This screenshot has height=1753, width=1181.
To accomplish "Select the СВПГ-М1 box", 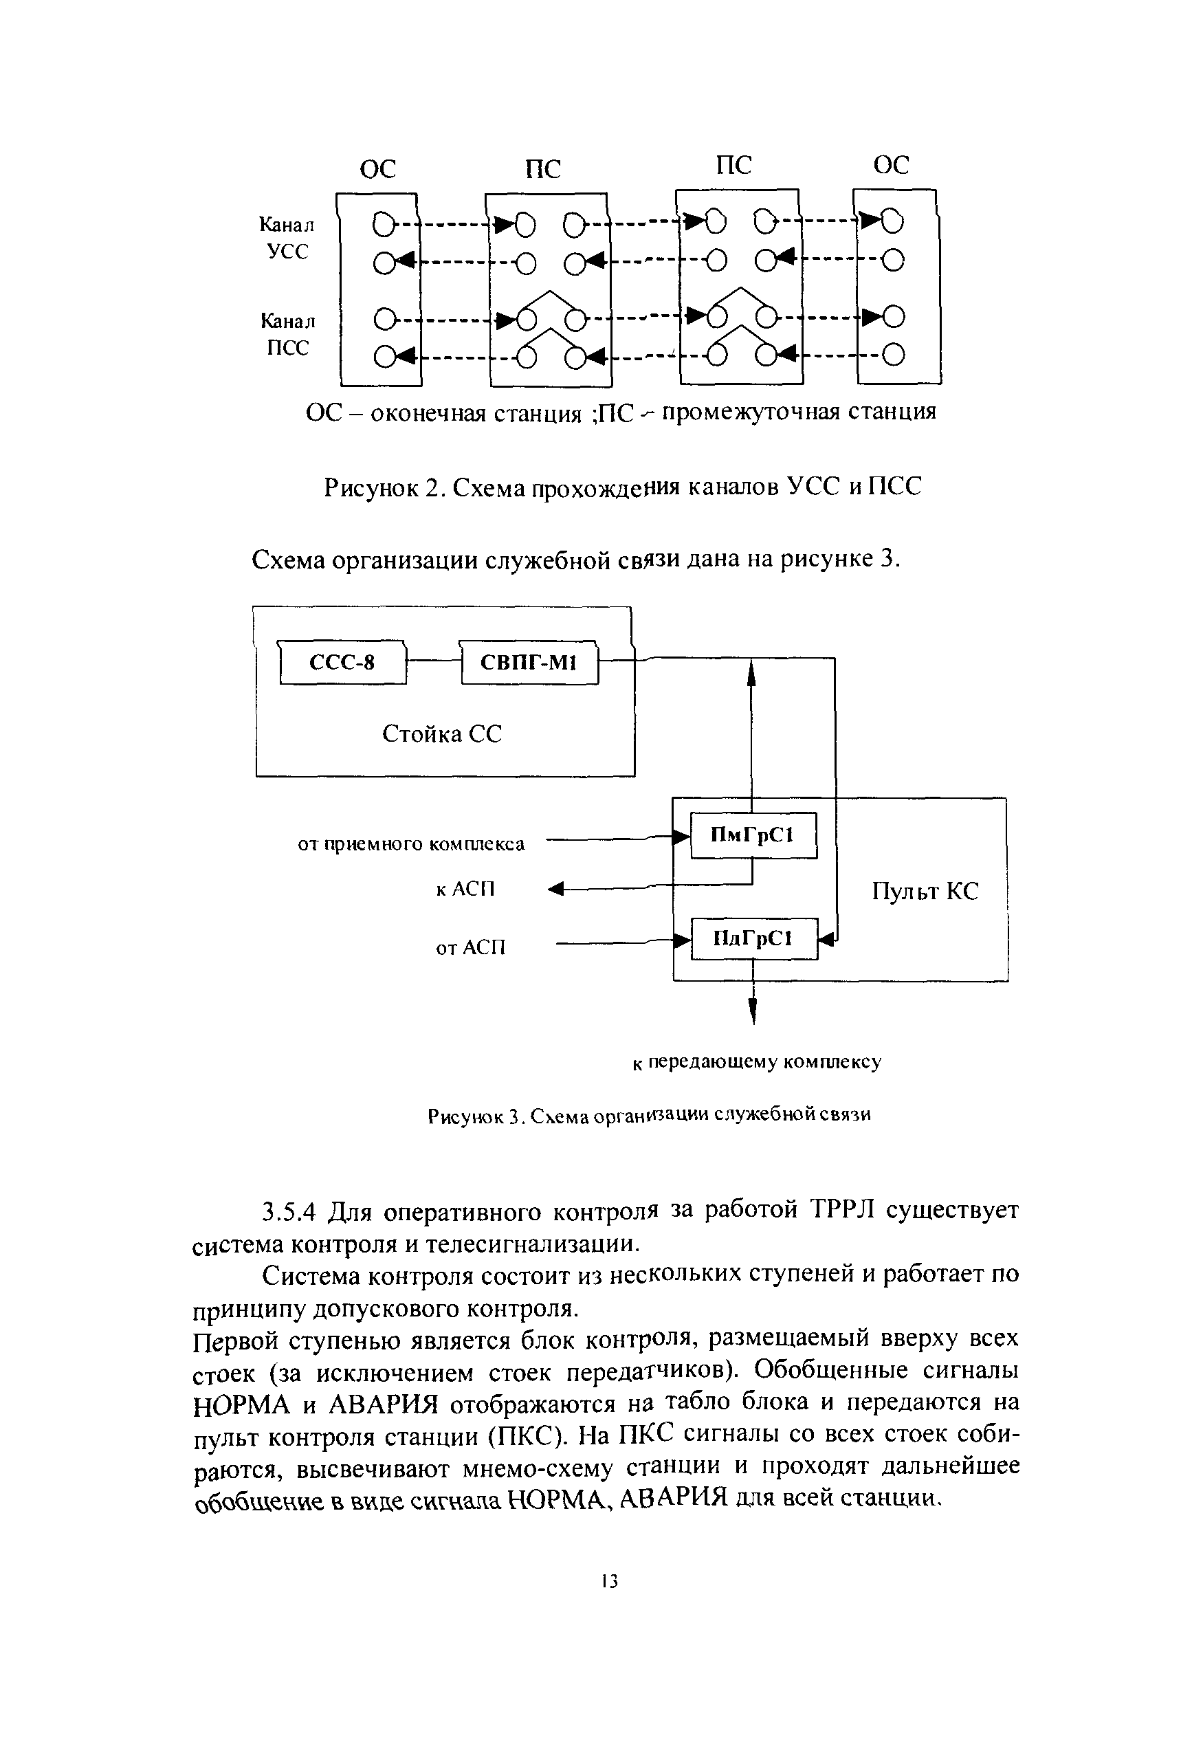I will coord(529,663).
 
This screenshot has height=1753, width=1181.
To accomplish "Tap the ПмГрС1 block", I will coord(753,835).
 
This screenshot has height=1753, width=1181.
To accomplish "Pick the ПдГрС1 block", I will coord(753,938).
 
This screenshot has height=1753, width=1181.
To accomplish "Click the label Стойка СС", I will coord(441,734).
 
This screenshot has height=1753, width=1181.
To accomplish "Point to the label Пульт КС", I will coord(925,892).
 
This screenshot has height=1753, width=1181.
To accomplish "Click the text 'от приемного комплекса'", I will coord(411,844).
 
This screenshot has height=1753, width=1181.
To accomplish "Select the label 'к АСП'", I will coord(465,890).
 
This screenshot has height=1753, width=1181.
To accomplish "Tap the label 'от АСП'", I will coord(471,947).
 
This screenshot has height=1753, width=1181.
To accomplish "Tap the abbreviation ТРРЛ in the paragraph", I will coord(841,1210).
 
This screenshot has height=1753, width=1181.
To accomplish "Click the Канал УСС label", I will coord(287,238).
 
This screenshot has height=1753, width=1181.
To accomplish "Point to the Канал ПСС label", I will coord(288,334).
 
